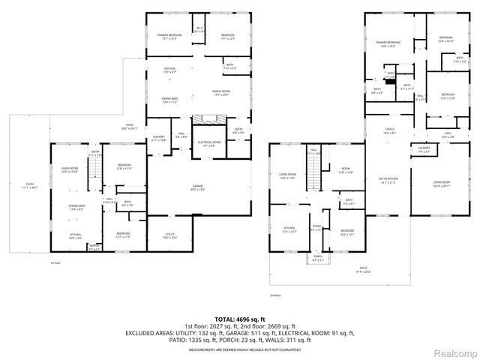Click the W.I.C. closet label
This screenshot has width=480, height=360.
pyautogui.click(x=199, y=30)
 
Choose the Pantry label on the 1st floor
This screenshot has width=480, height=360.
pyautogui.click(x=94, y=247)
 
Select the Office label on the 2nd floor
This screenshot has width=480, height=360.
pyautogui.click(x=390, y=130)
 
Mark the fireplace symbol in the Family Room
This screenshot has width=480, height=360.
pyautogui.click(x=204, y=120)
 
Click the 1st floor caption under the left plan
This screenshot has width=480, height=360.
pyautogui.click(x=54, y=263)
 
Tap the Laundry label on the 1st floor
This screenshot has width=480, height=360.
pyautogui.click(x=159, y=139)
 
